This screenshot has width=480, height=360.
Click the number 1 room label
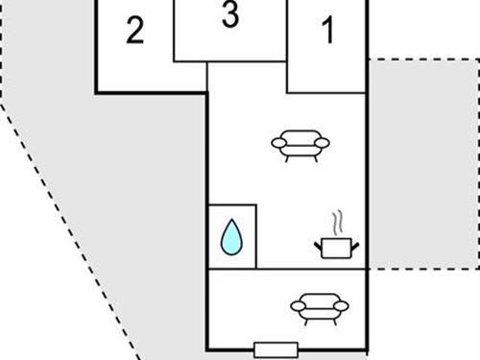click(x=327, y=32)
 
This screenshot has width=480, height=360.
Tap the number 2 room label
click(x=135, y=32)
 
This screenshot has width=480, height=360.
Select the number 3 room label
click(x=229, y=16)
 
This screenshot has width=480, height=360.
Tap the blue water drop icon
click(x=231, y=237)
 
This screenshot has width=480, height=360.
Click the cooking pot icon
click(x=336, y=248)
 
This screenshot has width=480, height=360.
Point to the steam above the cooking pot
click(x=336, y=224)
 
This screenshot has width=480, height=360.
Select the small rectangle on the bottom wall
click(x=276, y=348)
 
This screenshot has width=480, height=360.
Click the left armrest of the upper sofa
click(x=278, y=143)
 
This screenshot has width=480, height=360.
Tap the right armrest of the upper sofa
click(x=323, y=143)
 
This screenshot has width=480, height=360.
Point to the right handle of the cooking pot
click(x=354, y=246)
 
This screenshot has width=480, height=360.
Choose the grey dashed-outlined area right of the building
click(x=423, y=163)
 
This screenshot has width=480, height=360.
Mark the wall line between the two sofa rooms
click(x=288, y=270)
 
